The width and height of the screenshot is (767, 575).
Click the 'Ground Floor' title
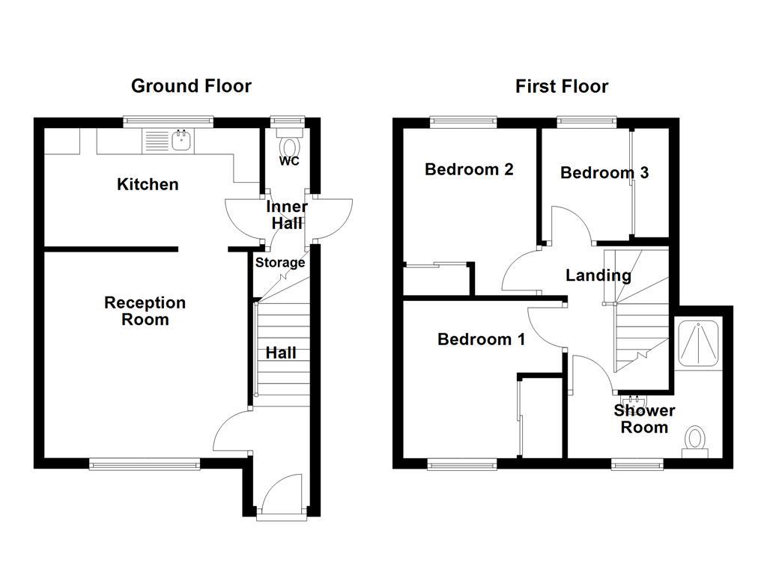pos(191,86)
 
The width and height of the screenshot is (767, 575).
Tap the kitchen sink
pos(181,139)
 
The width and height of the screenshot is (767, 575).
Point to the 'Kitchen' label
pos(148,184)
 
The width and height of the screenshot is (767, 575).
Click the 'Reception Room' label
pos(145,311)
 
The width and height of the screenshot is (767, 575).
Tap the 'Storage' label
pos(280,263)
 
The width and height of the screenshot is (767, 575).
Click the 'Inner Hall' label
pos(287,215)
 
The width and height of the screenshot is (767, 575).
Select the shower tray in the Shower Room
pos(698,344)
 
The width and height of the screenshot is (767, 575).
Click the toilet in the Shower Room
pos(696,439)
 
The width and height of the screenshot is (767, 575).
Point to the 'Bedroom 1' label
pos(481,339)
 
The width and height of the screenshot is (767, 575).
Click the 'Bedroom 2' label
pos(468,169)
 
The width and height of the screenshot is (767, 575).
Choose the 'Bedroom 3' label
pos(604,173)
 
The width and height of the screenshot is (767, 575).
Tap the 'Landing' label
pos(598,276)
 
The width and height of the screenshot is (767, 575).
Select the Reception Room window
pos(145,464)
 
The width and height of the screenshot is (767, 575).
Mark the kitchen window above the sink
pos(169,120)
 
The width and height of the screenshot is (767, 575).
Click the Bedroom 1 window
pos(461,464)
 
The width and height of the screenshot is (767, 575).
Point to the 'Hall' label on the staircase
pos(281,353)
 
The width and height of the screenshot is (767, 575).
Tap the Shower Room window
pos(637,464)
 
